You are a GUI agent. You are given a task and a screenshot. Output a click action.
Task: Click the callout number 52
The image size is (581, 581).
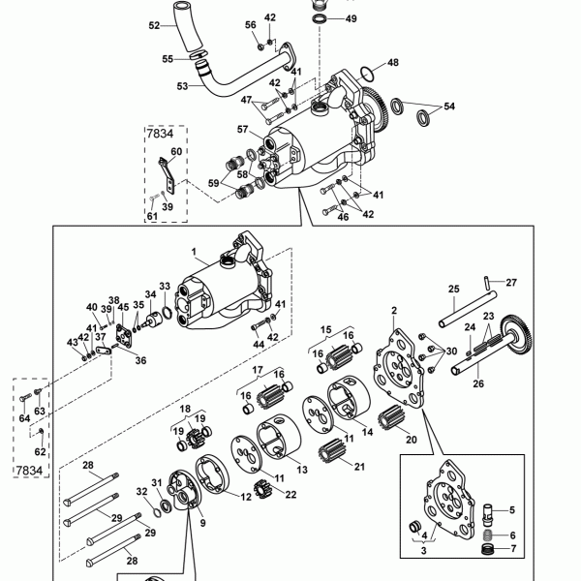tap(154, 25)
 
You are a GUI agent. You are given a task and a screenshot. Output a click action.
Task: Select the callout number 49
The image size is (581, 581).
tap(351, 18)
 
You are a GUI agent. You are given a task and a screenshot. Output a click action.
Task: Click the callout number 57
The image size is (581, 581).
tap(242, 130)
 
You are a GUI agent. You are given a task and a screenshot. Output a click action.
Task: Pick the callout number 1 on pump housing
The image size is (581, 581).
tap(194, 252)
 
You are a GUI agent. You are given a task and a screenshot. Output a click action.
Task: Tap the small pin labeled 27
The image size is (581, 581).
tap(487, 283)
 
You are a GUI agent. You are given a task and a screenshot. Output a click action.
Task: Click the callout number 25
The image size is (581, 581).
tap(454, 289)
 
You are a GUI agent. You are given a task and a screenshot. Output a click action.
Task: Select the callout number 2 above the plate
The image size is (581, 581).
tap(394, 311)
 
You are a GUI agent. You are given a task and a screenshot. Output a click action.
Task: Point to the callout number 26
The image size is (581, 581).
tap(478, 383)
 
